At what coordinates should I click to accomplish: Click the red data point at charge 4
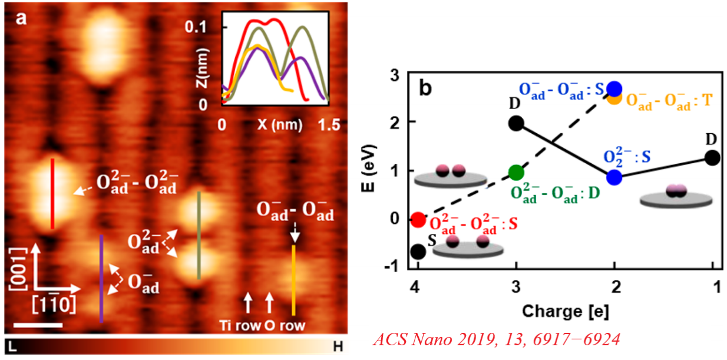(418, 220)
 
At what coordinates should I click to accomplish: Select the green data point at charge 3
(516, 173)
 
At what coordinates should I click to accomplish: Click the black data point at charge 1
(712, 157)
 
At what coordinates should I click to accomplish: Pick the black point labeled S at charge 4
(418, 252)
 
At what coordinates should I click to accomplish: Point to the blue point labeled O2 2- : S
(614, 177)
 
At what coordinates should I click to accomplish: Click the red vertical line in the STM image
(52, 193)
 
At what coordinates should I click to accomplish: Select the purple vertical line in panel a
(101, 278)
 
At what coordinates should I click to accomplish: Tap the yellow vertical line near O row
(293, 280)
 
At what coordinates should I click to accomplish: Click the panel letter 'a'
(21, 18)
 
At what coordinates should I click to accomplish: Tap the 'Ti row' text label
(239, 325)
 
